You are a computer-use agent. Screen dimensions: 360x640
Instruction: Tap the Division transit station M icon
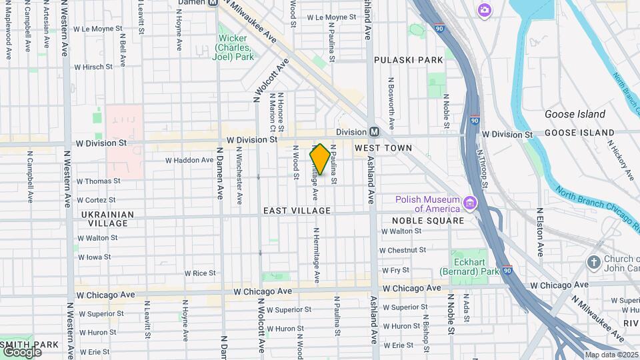click(375, 132)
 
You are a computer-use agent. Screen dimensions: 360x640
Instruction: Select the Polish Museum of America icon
click(471, 203)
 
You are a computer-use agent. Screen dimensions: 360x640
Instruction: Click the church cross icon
click(593, 263)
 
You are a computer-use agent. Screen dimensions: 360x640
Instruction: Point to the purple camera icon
click(484, 10)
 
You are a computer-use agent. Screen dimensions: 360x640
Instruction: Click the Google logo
click(22, 351)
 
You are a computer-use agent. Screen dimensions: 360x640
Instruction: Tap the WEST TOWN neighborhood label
click(383, 147)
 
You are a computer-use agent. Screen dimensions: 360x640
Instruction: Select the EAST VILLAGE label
click(297, 211)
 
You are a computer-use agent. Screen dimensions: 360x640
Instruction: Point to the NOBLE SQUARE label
click(427, 221)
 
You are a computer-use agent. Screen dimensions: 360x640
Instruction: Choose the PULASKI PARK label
click(408, 60)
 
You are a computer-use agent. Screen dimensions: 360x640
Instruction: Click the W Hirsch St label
click(93, 67)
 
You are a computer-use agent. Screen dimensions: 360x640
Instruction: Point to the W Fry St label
click(395, 271)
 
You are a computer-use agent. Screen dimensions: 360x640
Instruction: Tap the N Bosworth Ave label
click(391, 103)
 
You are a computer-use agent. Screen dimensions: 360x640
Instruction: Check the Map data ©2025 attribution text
click(611, 355)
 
